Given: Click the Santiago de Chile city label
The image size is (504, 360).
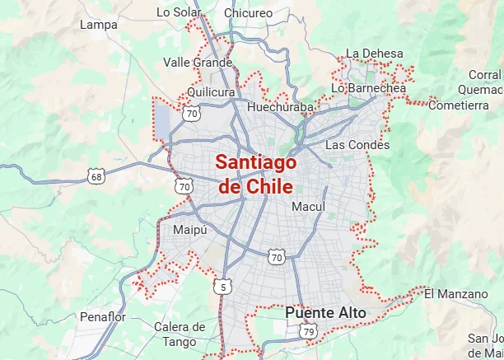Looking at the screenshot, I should pos(255,173).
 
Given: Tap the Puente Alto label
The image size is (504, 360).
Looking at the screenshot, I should pos(325,313).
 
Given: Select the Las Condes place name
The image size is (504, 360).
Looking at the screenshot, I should pos(357,145).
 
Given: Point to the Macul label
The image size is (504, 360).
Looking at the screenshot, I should pos(309,206).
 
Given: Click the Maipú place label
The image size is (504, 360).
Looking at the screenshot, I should pos(189,230).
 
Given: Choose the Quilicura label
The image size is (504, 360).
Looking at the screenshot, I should pos(211,92).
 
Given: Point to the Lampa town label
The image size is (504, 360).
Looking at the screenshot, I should pos(99,25).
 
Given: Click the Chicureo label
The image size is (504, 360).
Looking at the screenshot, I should pos(248,13).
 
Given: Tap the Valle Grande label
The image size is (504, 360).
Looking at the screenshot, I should pos(198,63).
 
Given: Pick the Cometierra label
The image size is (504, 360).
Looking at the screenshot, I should pos(459,105).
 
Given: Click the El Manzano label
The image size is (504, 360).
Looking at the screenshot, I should pos(450,292).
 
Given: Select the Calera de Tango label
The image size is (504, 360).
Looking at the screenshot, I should pos(180,334).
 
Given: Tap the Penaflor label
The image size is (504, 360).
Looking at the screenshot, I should pos(102,316).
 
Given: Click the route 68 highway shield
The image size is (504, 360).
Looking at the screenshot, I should pos(97,176).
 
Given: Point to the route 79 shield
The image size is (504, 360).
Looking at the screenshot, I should pos(308,331).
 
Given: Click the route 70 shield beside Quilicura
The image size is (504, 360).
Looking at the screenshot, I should pos(192,114).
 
